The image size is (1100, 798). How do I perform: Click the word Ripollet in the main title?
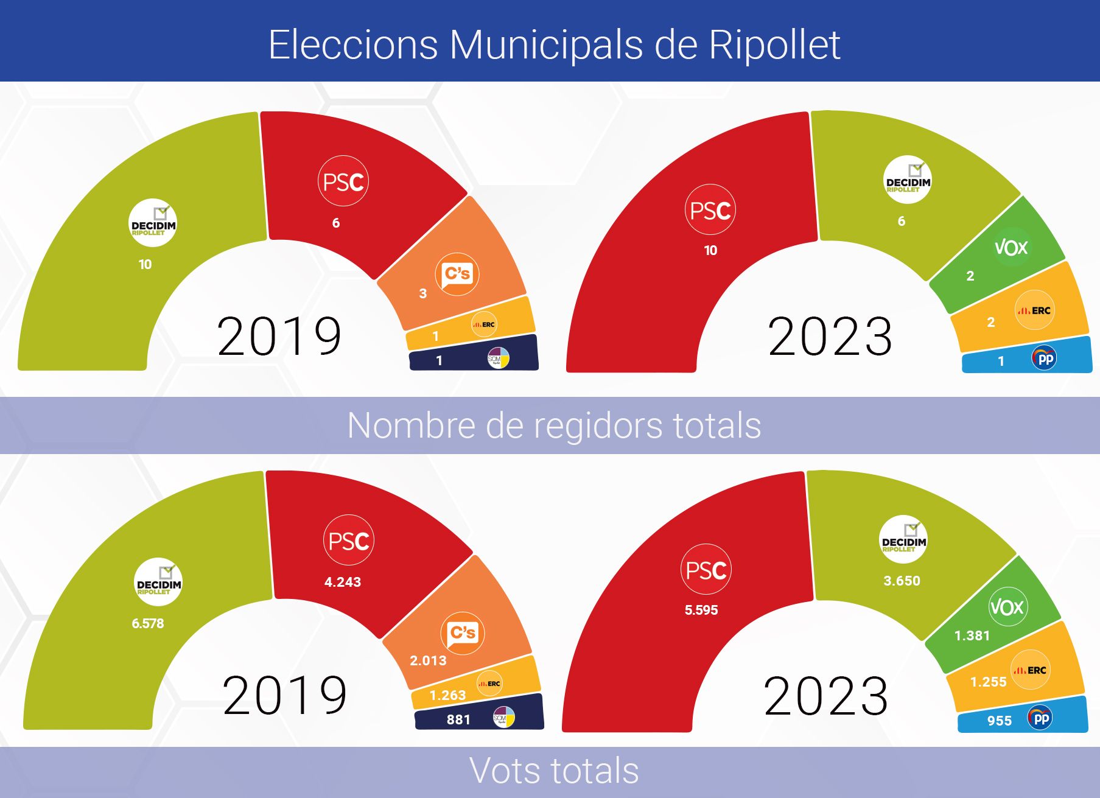(x=774, y=44)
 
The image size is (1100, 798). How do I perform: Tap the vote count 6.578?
(x=148, y=623)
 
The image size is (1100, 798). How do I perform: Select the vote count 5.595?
(x=701, y=610)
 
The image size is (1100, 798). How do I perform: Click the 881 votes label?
(x=458, y=719)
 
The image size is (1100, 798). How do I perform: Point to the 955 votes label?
(x=999, y=721)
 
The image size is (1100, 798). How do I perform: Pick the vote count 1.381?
(x=972, y=635)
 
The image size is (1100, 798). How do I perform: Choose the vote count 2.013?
(x=428, y=660)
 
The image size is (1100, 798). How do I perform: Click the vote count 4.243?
(x=343, y=582)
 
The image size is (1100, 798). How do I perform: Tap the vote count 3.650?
(x=902, y=581)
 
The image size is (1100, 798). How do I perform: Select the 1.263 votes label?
(x=447, y=695)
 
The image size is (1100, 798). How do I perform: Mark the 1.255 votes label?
(x=988, y=682)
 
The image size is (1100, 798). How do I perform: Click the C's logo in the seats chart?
(x=457, y=274)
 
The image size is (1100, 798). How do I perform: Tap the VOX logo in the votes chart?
(x=1007, y=607)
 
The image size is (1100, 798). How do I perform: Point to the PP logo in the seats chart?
(x=1044, y=359)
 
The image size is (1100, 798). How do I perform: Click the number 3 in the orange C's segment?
(x=422, y=293)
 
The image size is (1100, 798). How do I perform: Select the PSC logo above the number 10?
(x=710, y=211)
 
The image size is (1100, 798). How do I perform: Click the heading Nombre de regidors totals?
(x=553, y=425)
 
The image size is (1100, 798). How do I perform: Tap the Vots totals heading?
(x=553, y=771)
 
